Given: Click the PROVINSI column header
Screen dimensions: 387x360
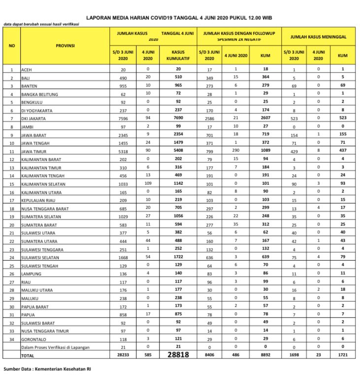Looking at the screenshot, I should point(65,45).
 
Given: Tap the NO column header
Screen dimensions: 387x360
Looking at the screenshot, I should point(12,45).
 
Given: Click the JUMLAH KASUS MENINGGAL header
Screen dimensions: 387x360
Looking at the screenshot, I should point(318,36).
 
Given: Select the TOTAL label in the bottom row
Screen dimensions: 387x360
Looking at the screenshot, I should point(28,355).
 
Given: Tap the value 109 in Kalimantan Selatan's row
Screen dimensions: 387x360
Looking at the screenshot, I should point(146,183).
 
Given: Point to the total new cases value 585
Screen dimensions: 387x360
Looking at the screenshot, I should point(146,355).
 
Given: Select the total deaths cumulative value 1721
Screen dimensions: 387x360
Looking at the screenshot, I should point(342,355).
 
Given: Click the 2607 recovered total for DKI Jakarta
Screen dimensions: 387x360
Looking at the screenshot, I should point(265,117).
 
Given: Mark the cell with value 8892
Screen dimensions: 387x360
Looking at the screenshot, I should point(265,355).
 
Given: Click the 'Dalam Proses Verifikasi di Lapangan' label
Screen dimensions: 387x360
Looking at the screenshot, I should point(55,348).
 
